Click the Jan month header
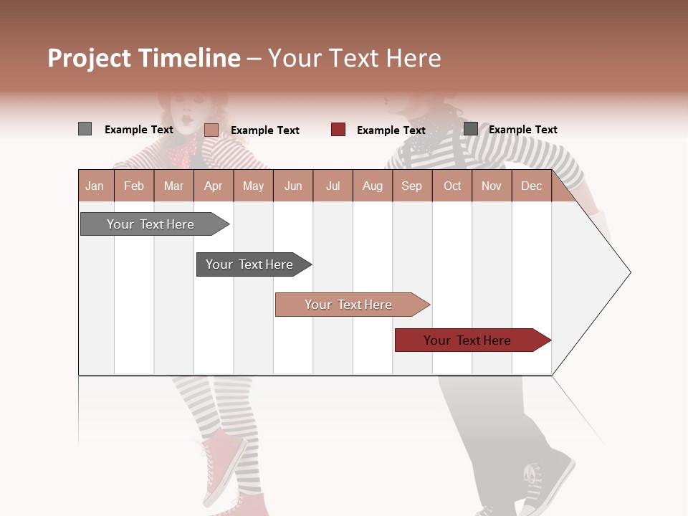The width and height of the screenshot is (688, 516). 95,186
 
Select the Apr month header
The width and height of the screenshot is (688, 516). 213,186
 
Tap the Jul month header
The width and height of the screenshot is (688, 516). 333,186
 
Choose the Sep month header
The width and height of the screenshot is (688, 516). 411,186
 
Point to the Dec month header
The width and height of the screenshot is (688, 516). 531,186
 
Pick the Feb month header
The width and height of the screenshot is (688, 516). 134,186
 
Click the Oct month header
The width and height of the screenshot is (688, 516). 452,186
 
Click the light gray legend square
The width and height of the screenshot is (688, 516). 85,129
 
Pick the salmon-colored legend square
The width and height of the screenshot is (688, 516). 211,130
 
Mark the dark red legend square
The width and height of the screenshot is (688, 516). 338,130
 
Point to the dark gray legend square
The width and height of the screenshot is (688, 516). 470,129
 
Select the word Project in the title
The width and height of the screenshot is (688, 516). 90,59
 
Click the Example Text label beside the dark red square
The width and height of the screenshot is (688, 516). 391,130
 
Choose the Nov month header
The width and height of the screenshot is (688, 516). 492,186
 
